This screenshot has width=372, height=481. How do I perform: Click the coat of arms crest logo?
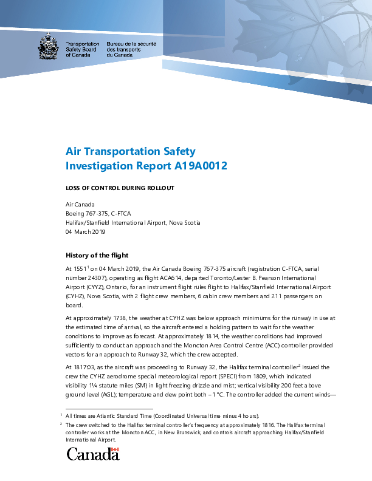49,47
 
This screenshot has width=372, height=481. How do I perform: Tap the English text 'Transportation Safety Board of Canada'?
82,49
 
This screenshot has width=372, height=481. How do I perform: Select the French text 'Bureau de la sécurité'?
131,44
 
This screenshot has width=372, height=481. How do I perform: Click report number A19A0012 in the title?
198,165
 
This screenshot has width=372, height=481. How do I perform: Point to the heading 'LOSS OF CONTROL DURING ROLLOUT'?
120,188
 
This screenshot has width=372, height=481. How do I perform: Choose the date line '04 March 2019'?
86,232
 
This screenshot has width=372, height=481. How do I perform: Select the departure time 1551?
81,267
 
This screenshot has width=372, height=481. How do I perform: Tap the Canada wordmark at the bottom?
92,454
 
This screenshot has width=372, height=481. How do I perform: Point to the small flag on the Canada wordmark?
114,450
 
